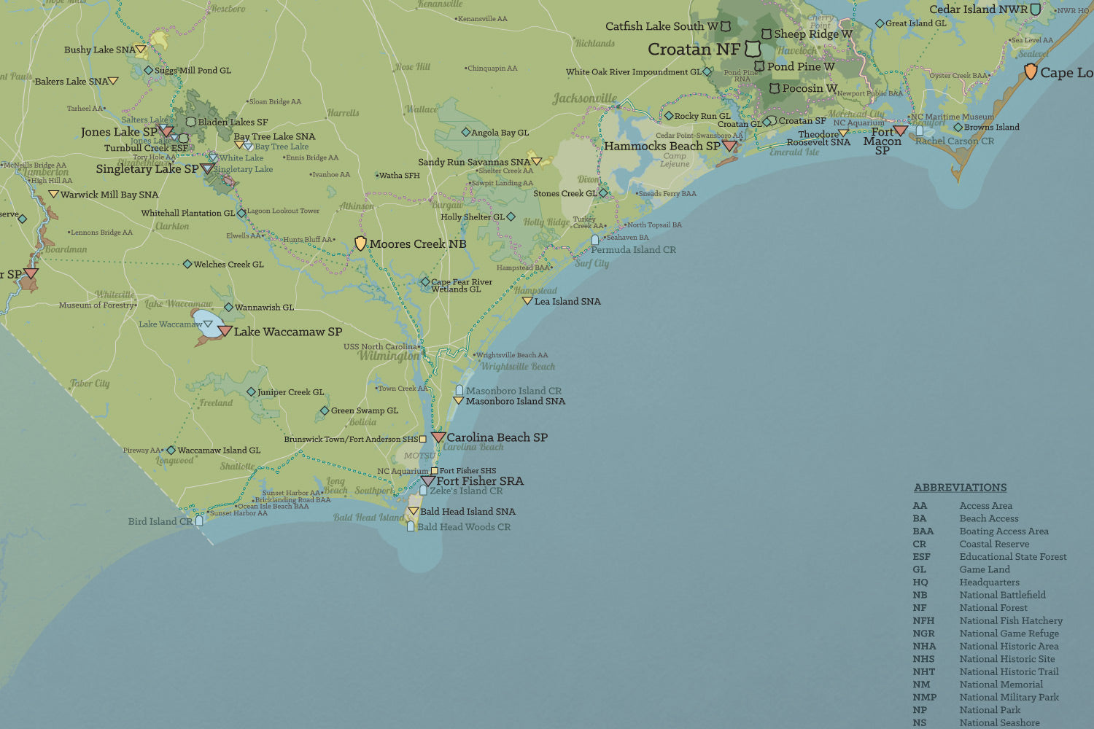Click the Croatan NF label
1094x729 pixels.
694,50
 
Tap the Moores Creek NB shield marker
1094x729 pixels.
360,243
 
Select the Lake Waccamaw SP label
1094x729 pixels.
287,332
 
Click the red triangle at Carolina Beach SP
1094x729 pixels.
438,437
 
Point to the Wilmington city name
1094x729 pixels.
388,356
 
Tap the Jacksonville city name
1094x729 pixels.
584,98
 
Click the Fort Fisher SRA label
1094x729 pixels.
479,481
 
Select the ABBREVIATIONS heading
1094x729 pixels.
960,488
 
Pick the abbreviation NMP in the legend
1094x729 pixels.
924,697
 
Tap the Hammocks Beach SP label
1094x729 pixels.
662,146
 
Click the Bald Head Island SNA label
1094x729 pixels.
467,512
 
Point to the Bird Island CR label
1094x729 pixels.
160,521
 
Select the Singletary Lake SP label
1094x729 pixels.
147,168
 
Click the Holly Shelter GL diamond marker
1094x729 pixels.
511,217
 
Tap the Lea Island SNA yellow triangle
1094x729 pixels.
527,300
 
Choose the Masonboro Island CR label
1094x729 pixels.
513,391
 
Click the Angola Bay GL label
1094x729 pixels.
500,133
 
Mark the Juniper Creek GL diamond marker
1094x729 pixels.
251,392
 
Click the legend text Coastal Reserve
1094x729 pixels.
994,544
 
